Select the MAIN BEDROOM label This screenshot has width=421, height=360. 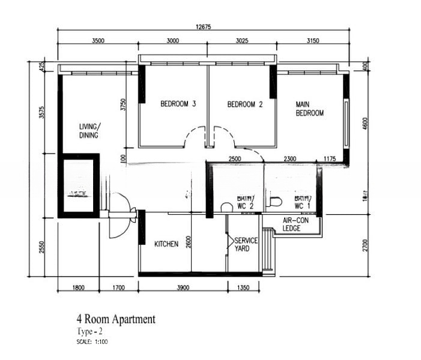click(309, 109)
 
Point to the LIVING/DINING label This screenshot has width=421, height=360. click(90, 131)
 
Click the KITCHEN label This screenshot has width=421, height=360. click(166, 244)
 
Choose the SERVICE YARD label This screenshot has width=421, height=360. click(246, 244)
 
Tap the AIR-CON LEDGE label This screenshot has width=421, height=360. click(295, 224)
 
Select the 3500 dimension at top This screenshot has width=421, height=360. click(98, 41)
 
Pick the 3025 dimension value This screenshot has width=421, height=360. click(243, 41)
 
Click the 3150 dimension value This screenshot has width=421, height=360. click(313, 41)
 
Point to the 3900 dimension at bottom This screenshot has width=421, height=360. click(183, 288)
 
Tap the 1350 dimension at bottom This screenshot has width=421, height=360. click(244, 288)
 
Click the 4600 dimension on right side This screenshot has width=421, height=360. click(366, 124)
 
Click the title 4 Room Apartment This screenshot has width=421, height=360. click(115, 319)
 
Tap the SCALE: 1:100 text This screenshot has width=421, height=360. click(92, 341)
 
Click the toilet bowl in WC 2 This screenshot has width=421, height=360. click(227, 207)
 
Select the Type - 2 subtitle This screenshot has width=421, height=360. click(90, 331)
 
